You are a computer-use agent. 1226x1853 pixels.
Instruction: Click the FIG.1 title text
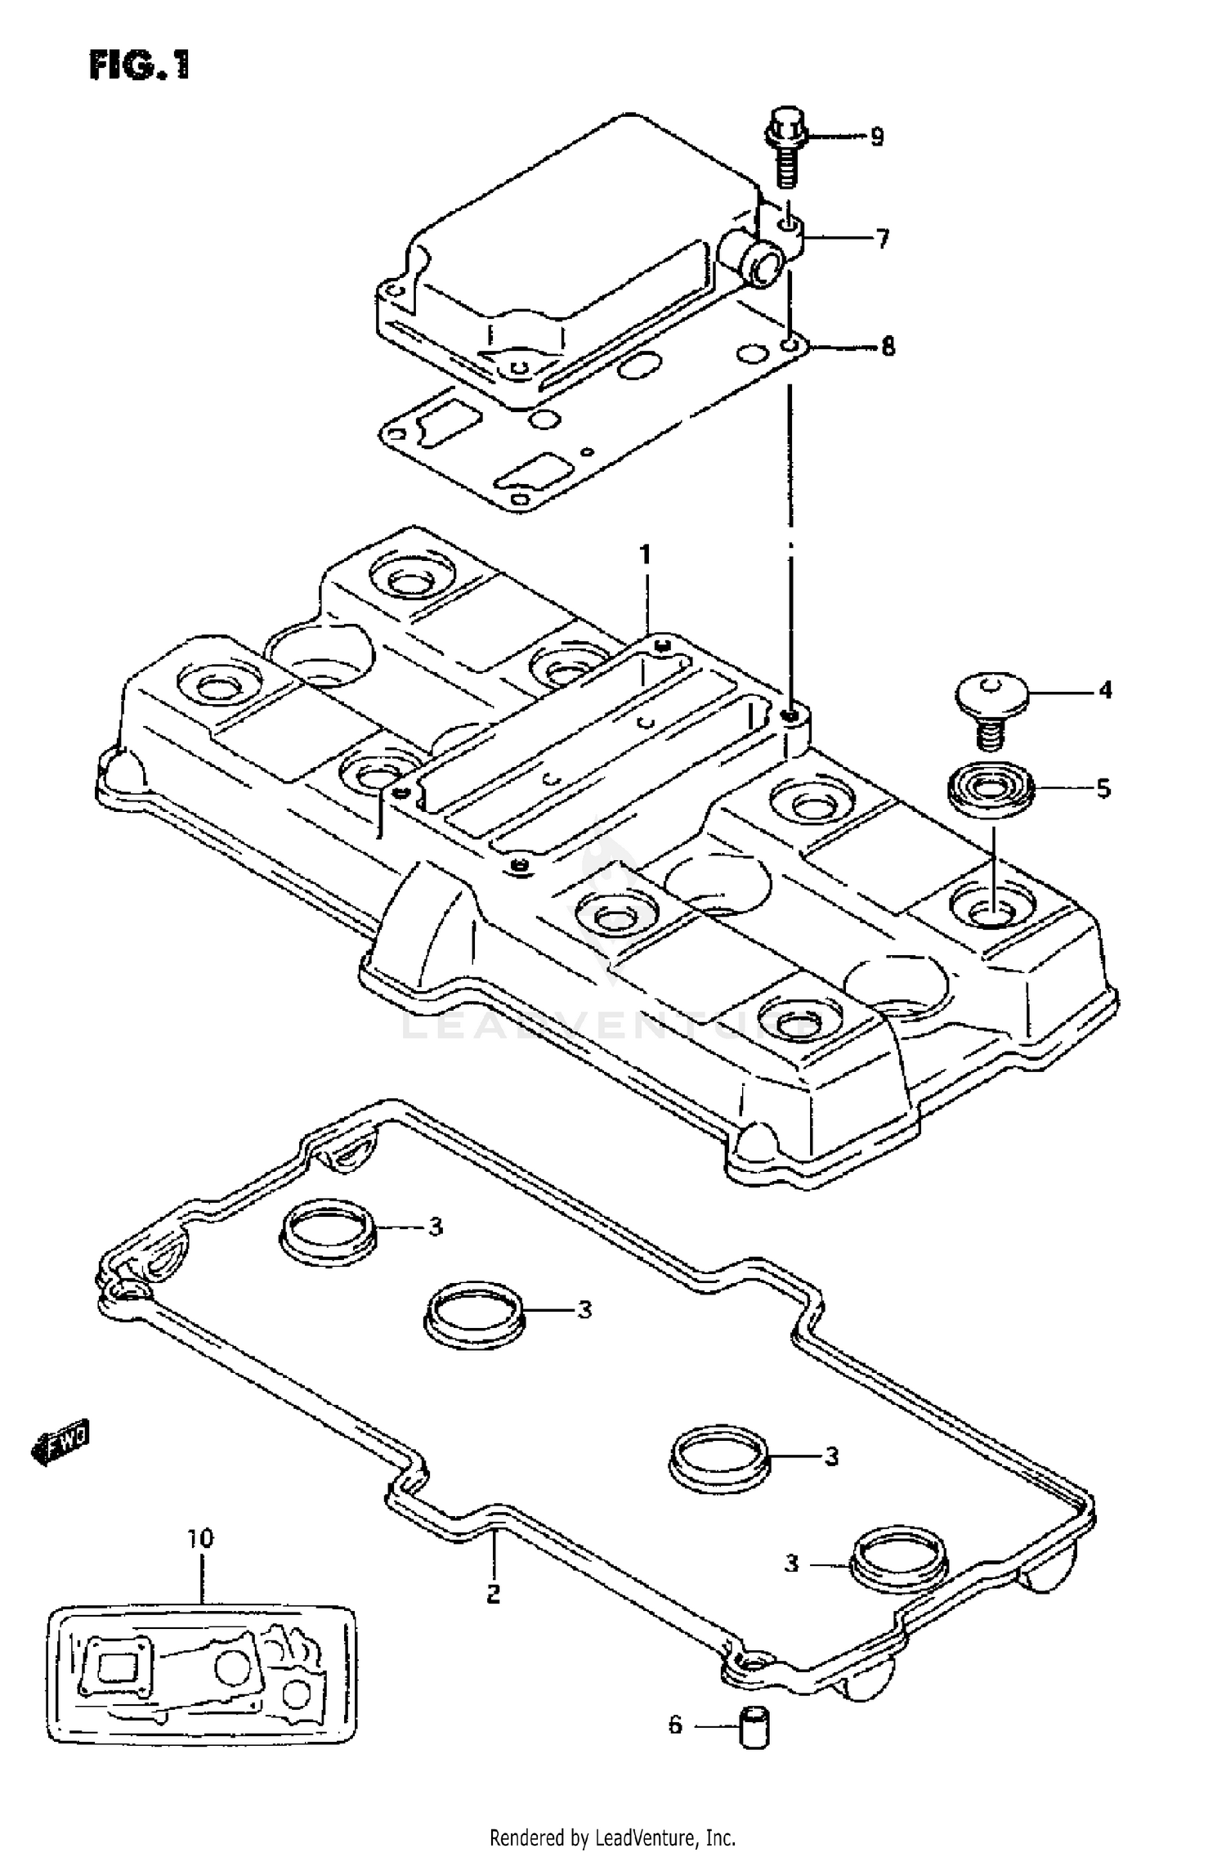139,65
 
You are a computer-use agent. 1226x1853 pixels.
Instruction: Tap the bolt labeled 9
785,155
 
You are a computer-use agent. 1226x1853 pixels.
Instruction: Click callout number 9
876,136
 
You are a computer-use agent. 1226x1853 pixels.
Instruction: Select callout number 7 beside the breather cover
882,239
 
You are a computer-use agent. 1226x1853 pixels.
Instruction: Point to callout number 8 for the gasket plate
888,347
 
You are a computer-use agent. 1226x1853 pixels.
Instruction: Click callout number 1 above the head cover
645,555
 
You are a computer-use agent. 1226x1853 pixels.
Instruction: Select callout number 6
675,1725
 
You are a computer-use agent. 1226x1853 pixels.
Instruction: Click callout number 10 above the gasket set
200,1538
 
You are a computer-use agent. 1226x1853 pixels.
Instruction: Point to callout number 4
1105,691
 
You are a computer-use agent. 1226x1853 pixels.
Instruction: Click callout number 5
1103,788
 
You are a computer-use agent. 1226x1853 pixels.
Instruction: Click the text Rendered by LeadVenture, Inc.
613,1837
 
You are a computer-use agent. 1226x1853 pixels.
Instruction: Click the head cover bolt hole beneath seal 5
991,908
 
